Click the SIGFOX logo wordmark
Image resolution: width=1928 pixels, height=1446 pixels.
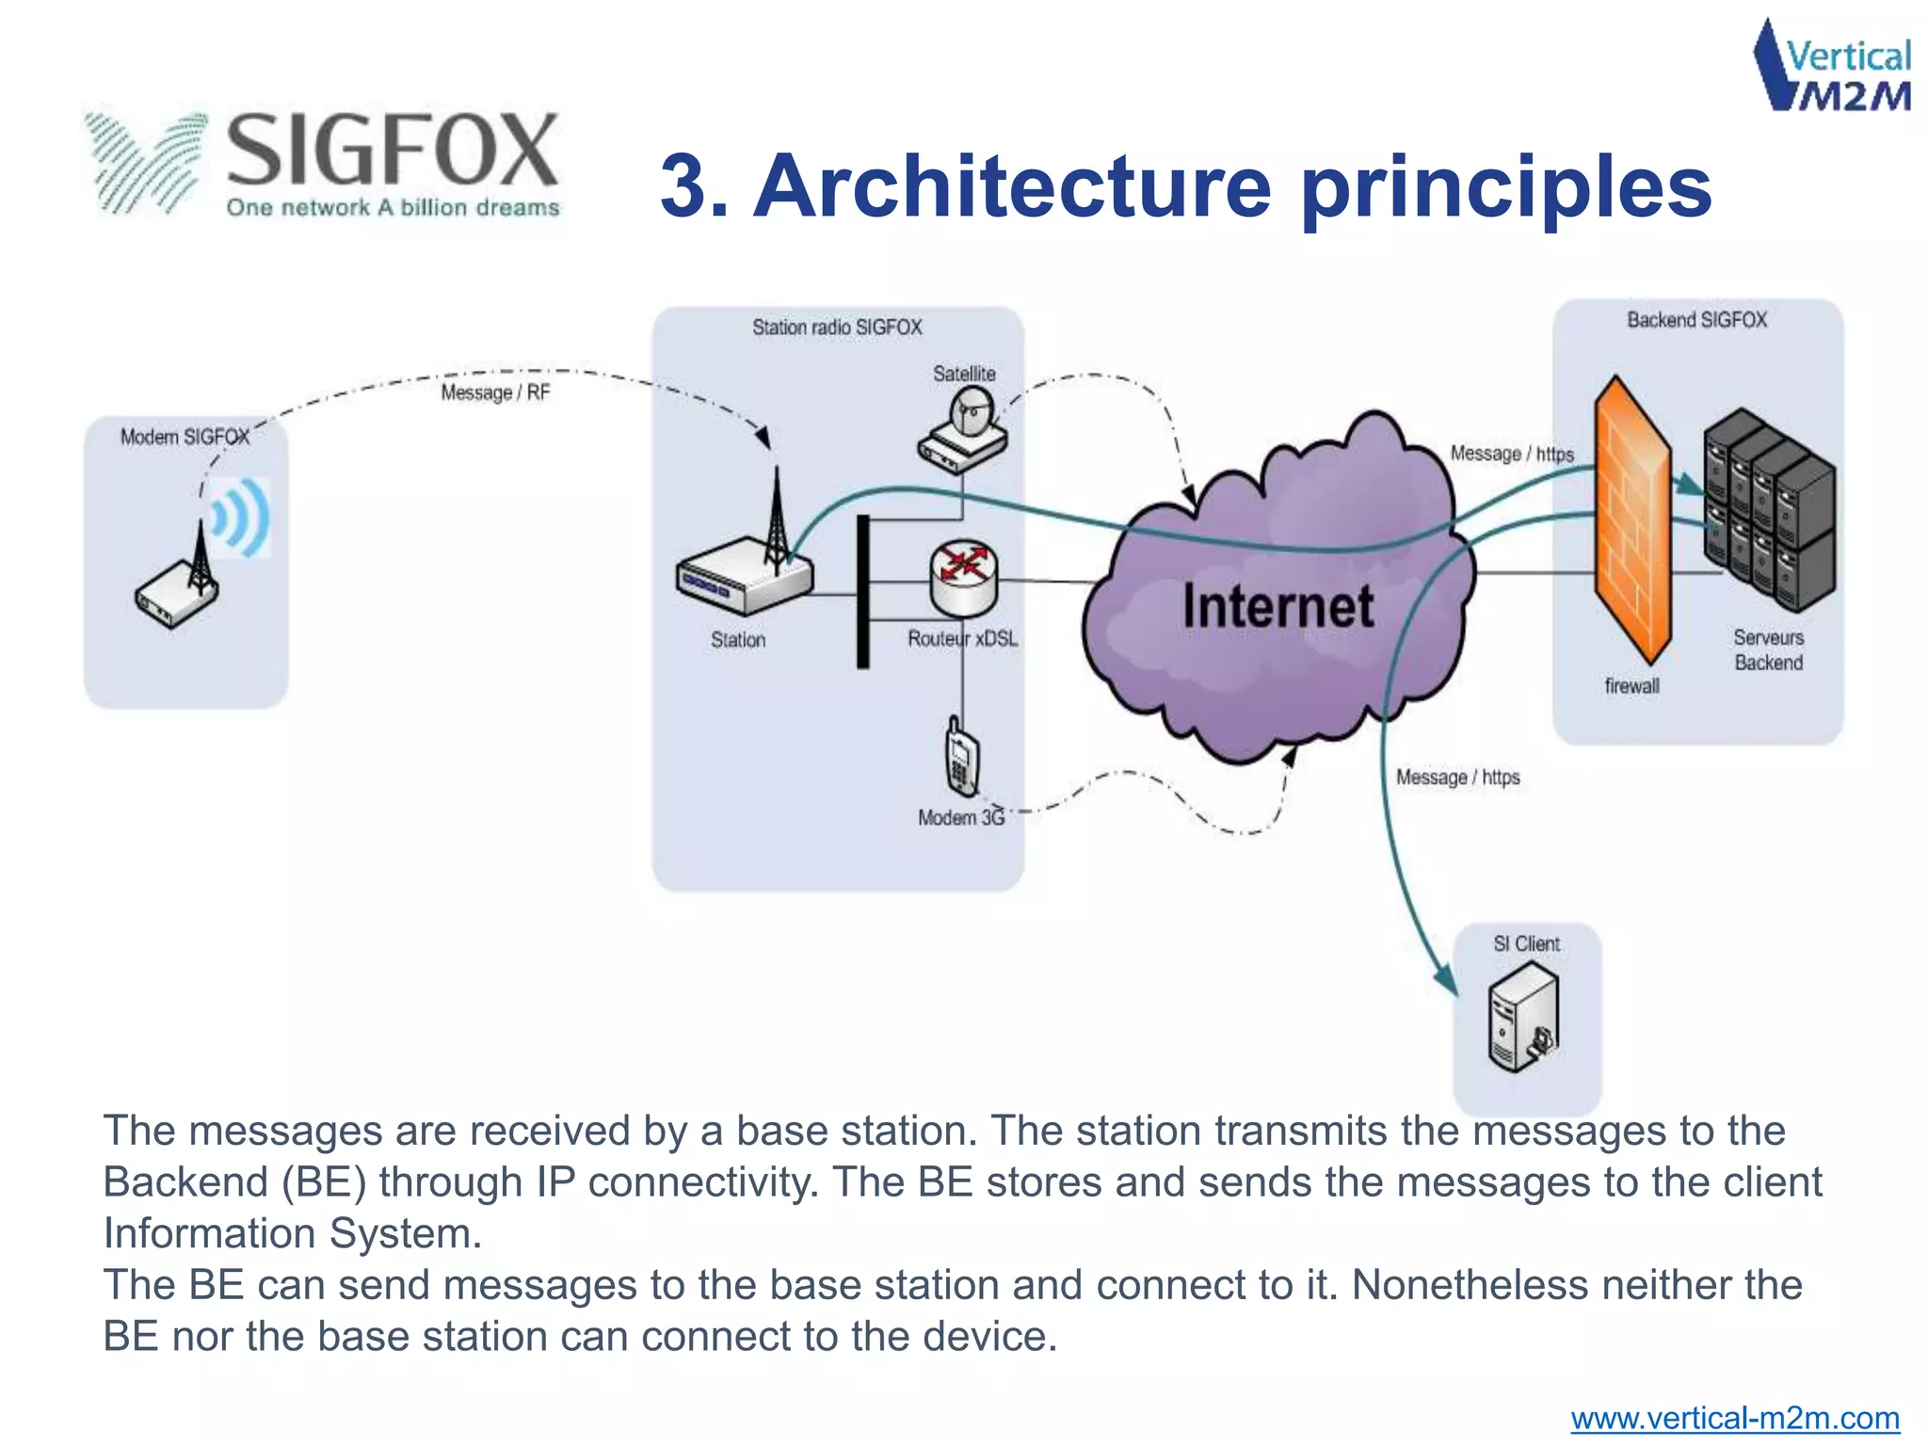(393, 151)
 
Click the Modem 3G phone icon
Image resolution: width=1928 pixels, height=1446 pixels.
(961, 758)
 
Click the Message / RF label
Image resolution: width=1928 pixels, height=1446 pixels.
(495, 393)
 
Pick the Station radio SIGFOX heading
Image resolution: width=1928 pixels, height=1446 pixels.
(837, 328)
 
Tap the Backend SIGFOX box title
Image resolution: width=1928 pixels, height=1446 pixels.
(1696, 320)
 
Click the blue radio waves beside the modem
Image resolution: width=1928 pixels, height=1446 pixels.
(242, 517)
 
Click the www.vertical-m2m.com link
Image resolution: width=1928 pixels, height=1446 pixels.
(1734, 1418)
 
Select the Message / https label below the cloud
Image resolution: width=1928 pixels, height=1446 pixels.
(1457, 778)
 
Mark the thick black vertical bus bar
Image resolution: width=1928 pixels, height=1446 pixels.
(862, 591)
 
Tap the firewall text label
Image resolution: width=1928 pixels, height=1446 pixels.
(1631, 686)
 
